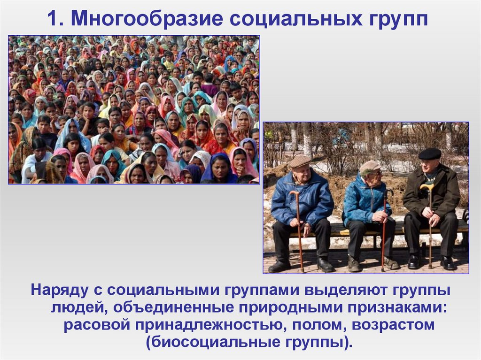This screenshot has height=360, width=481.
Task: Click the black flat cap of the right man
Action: (x=429, y=154)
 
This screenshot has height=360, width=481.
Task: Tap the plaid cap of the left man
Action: (x=299, y=161)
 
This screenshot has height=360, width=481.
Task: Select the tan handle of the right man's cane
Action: (x=427, y=187)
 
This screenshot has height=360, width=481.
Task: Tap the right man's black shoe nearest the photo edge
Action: (x=448, y=263)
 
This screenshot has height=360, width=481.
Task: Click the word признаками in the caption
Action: (x=398, y=307)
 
